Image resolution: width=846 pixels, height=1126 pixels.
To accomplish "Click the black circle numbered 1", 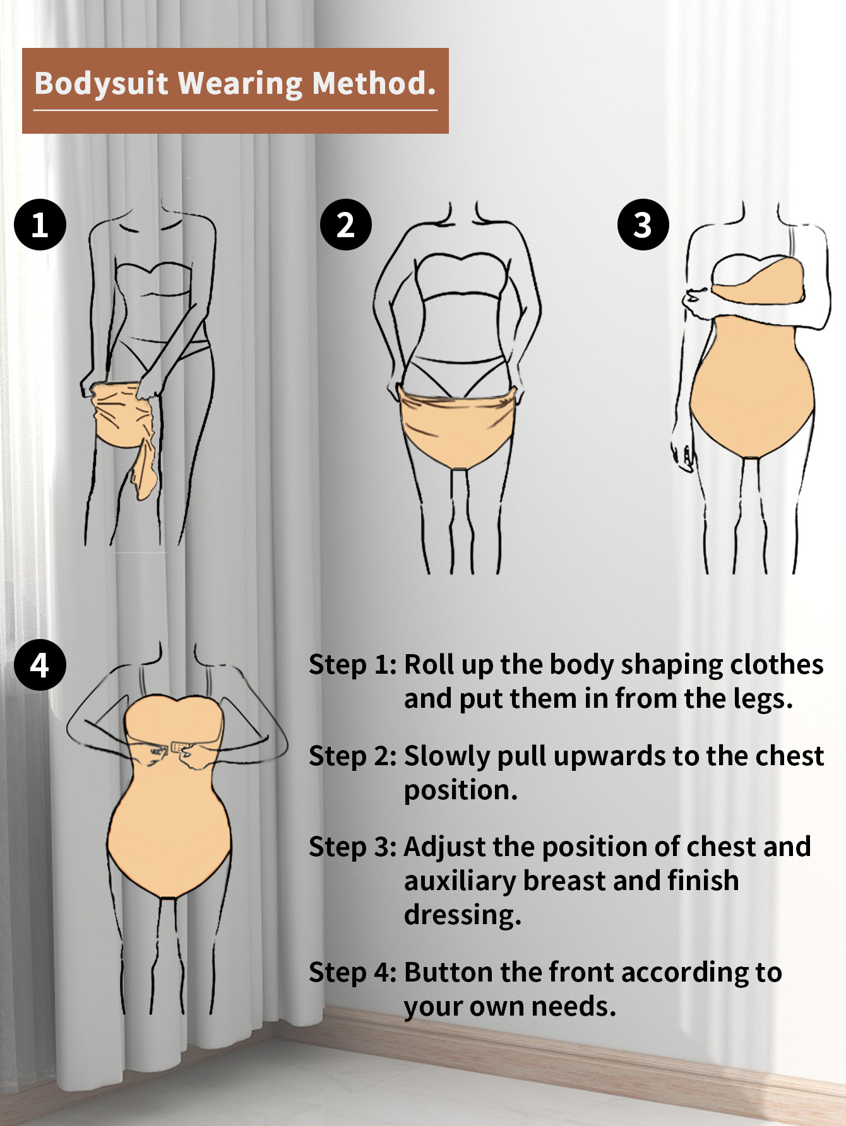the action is click(x=40, y=225).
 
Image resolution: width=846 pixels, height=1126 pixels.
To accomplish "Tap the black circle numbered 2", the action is click(x=345, y=225).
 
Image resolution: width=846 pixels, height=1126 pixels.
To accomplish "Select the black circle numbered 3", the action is click(x=643, y=225).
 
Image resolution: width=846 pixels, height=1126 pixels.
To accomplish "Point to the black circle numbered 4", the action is click(x=40, y=665).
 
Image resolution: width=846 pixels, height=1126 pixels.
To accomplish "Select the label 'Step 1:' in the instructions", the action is click(x=353, y=665).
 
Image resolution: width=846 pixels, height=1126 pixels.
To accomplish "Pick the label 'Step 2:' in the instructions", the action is click(x=353, y=756).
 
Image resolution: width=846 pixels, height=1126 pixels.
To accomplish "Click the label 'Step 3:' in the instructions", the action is click(x=353, y=847).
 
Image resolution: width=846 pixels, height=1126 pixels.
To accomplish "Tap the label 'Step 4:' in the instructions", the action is click(x=353, y=973).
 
